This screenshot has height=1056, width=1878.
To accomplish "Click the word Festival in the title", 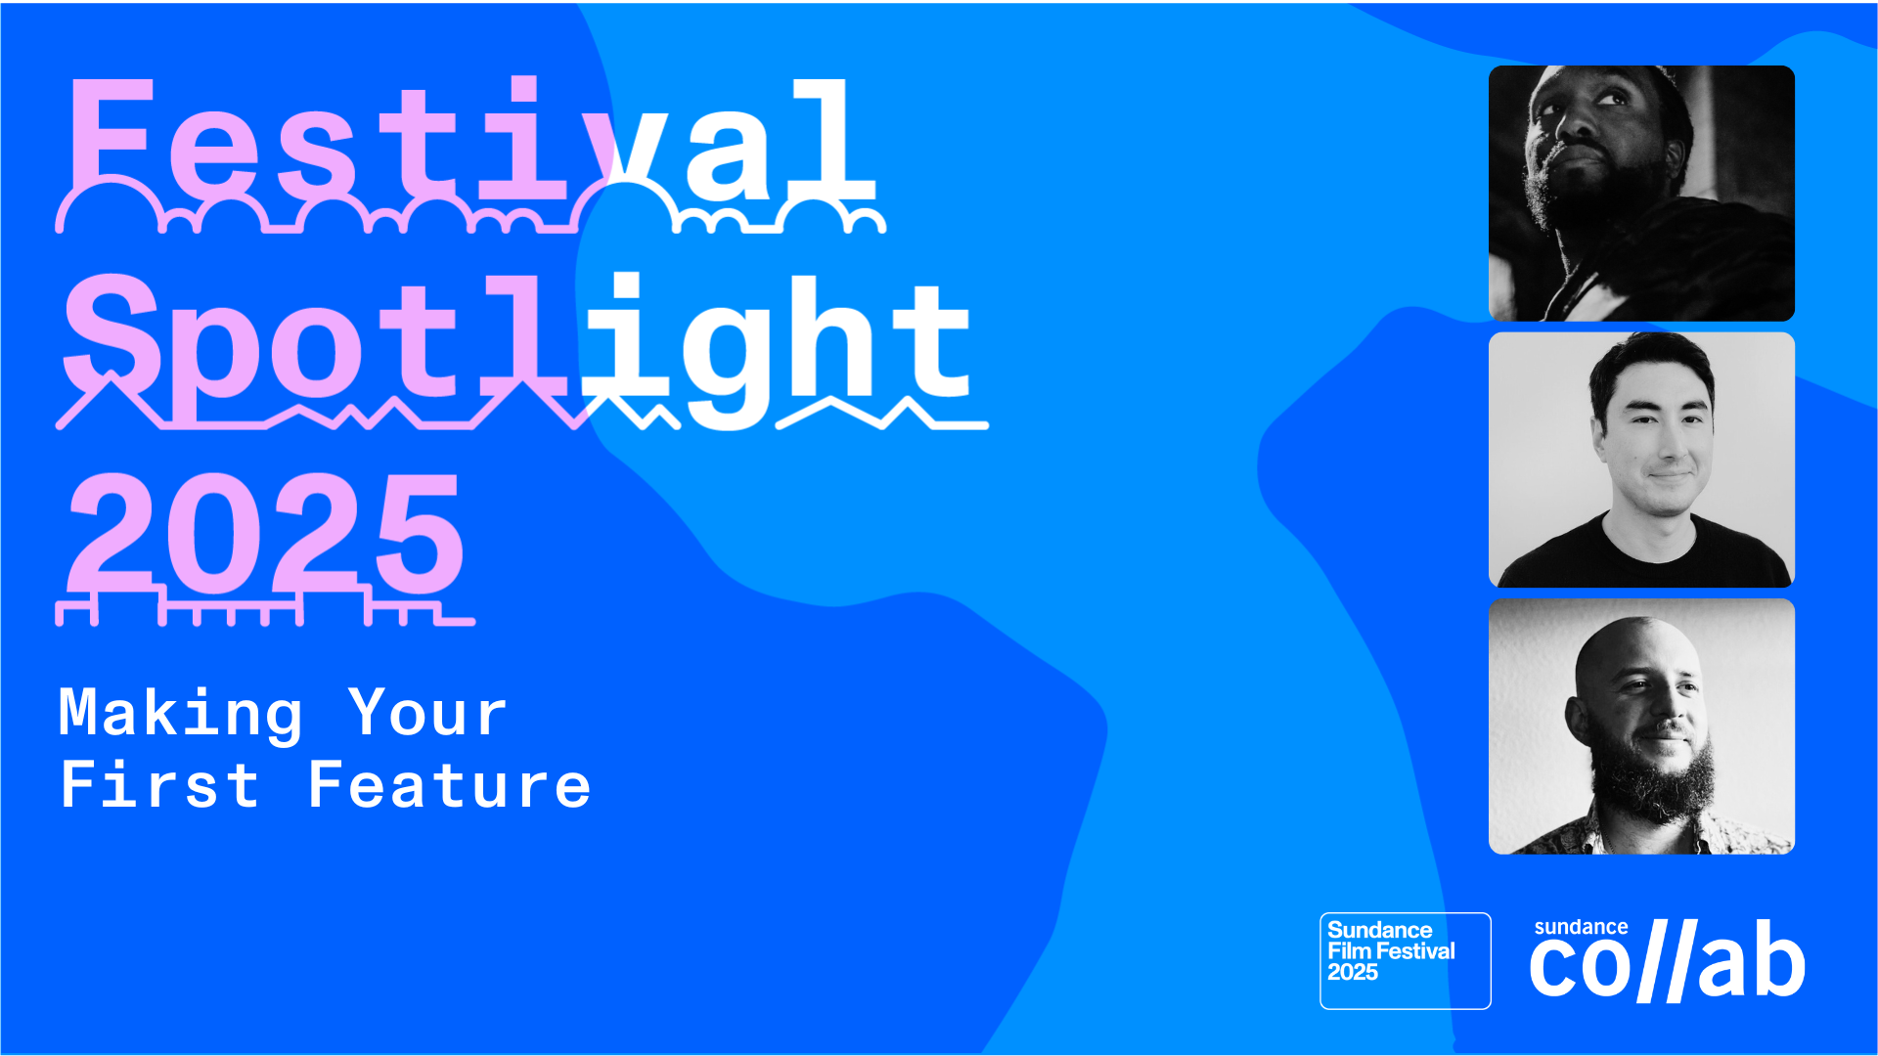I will pos(469,142).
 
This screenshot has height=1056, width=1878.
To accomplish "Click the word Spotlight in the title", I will pos(518,342).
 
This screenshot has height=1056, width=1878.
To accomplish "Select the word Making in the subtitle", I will pos(181,714).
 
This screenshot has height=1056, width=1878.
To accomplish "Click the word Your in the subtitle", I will pos(427,714).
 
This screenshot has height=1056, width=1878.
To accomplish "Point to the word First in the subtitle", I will pos(159,785).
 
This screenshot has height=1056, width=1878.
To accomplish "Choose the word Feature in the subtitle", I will pos(449,785).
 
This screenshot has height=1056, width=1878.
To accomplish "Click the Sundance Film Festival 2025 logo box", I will pos(1405,960).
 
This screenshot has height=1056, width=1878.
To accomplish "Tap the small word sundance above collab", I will pos(1581,927).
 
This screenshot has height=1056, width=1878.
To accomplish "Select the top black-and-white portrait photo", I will pos(1641,194).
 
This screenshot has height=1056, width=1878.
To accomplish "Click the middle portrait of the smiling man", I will pos(1641,460).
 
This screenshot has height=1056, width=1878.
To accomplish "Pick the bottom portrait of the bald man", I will pos(1641,726).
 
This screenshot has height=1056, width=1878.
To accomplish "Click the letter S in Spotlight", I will pos(112,337).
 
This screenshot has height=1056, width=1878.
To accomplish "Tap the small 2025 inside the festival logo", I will pos(1352,973).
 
